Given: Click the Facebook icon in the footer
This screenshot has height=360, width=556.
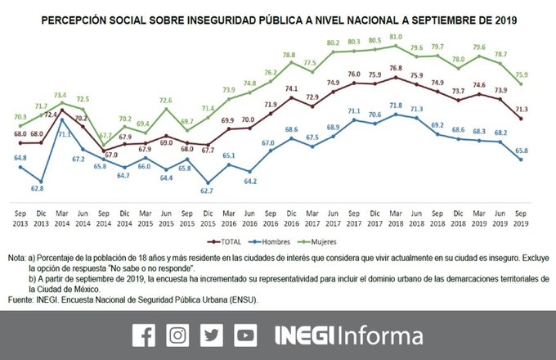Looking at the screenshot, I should (143, 335).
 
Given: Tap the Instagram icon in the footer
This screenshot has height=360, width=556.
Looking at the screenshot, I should (177, 335).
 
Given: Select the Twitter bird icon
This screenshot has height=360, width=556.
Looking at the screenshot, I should (211, 335).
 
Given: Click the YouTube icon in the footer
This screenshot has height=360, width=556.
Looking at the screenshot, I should (244, 335).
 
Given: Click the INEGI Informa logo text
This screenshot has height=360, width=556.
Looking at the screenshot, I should (348, 335).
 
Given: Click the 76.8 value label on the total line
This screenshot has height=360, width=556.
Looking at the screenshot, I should (396, 68).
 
